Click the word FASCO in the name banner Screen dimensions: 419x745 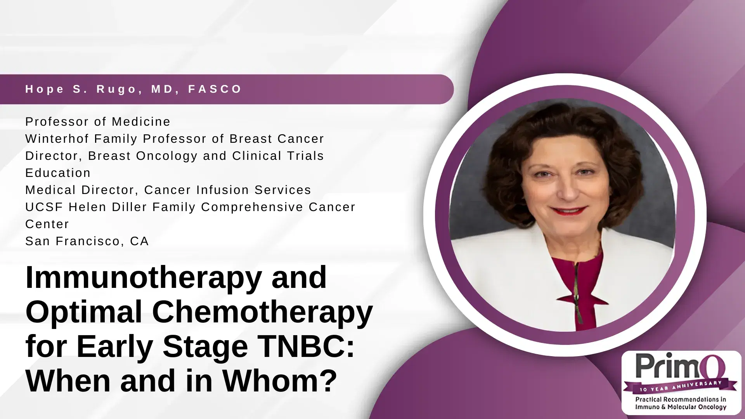[x=215, y=89]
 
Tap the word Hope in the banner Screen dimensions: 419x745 [x=45, y=89]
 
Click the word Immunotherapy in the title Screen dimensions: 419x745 [x=143, y=278]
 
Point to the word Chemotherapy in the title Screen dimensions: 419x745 [x=262, y=312]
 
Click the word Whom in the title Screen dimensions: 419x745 [x=280, y=380]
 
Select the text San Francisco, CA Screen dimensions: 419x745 [x=87, y=241]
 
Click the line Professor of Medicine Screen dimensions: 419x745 [x=98, y=121]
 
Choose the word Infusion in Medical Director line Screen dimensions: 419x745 [x=222, y=190]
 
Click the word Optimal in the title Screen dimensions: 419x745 [x=83, y=312]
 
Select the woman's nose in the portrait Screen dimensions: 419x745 [x=568, y=190]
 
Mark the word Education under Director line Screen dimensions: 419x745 [x=58, y=173]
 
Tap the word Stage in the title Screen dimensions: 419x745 [x=205, y=346]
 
